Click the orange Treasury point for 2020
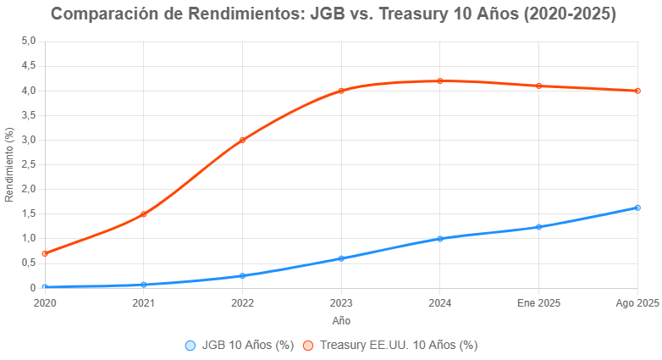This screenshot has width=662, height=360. [45, 253]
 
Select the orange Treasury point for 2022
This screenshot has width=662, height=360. [242, 140]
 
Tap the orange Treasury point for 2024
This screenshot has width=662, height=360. [440, 81]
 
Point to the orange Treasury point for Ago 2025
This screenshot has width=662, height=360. [637, 91]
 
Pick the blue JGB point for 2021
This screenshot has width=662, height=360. [144, 285]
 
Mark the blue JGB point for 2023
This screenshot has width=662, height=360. [341, 258]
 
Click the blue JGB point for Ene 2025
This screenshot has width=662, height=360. [539, 227]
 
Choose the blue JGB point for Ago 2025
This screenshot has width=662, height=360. [637, 208]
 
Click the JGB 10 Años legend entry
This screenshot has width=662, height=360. [240, 346]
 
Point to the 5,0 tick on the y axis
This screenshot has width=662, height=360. [28, 41]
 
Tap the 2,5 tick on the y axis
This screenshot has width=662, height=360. [28, 164]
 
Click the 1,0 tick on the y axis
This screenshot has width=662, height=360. [28, 239]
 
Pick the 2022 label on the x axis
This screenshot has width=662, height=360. [242, 302]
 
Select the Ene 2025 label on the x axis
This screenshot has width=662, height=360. [539, 302]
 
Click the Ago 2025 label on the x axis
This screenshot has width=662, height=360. [637, 302]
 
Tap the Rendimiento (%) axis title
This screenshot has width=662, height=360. [9, 164]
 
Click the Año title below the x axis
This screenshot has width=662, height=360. [341, 321]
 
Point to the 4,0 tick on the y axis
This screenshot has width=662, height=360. [28, 91]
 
